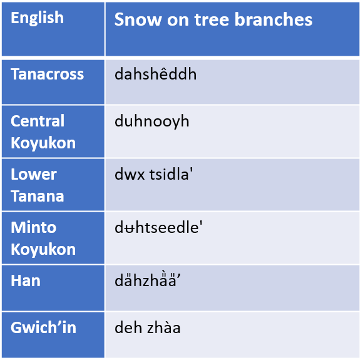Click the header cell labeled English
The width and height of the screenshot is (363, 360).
[37, 18]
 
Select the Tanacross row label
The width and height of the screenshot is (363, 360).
[47, 75]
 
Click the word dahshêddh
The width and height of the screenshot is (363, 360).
[155, 75]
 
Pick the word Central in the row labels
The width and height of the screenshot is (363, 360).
[38, 121]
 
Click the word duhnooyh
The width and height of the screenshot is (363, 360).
[151, 121]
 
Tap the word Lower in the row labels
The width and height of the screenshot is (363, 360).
[34, 174]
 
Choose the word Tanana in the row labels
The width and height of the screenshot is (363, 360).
[38, 195]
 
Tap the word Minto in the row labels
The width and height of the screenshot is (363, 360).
[34, 227]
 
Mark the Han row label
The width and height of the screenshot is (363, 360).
[26, 280]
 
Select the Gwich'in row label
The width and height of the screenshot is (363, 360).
[43, 327]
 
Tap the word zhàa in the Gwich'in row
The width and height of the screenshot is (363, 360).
[163, 327]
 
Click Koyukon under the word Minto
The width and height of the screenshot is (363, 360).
[43, 249]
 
